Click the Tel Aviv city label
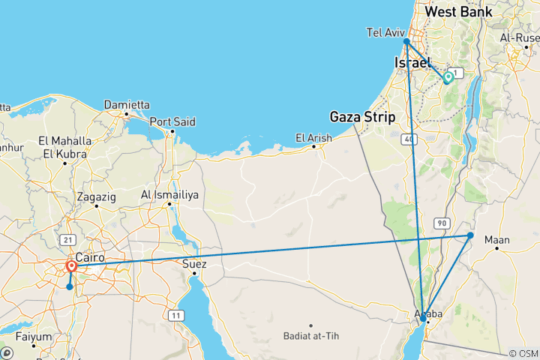pyautogui.click(x=385, y=32)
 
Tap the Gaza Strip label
pyautogui.click(x=361, y=116)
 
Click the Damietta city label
pyautogui.click(x=126, y=105)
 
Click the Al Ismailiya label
pyautogui.click(x=169, y=195)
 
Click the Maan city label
pyautogui.click(x=497, y=240)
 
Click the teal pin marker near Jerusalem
pyautogui.click(x=448, y=77)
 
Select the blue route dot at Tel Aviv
pyautogui.click(x=406, y=42)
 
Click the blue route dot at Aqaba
pyautogui.click(x=424, y=319)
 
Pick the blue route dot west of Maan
pyautogui.click(x=470, y=235)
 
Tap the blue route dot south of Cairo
pyautogui.click(x=69, y=286)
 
